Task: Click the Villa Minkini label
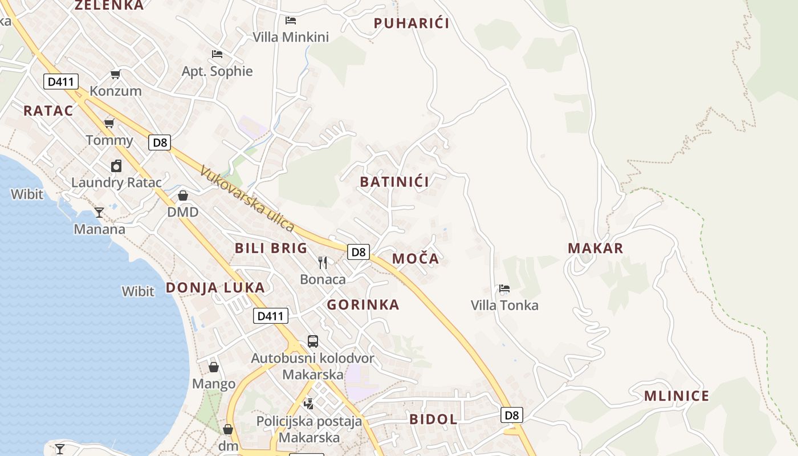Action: pyautogui.click(x=291, y=37)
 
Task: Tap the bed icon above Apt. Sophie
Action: pyautogui.click(x=217, y=54)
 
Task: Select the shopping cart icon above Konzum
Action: pyautogui.click(x=115, y=74)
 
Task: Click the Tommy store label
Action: pyautogui.click(x=109, y=140)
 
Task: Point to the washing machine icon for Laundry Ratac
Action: pyautogui.click(x=116, y=166)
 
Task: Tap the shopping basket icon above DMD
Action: pyautogui.click(x=183, y=196)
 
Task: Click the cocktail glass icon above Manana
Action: pyautogui.click(x=99, y=213)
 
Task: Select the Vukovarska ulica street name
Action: pyautogui.click(x=247, y=199)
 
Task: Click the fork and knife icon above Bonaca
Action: pyautogui.click(x=323, y=262)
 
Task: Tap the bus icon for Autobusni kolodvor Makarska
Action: pyautogui.click(x=313, y=341)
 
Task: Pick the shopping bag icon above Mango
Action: pyautogui.click(x=214, y=367)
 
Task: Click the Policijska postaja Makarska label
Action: pyautogui.click(x=309, y=429)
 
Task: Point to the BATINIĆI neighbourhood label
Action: pyautogui.click(x=394, y=182)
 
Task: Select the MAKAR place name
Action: pyautogui.click(x=596, y=248)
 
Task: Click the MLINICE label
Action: pyautogui.click(x=677, y=396)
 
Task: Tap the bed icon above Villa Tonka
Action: pyautogui.click(x=504, y=288)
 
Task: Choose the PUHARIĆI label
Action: pyautogui.click(x=412, y=23)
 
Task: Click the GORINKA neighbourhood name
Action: pyautogui.click(x=363, y=305)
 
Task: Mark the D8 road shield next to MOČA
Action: pyautogui.click(x=359, y=252)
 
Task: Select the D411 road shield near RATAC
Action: pyautogui.click(x=61, y=82)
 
